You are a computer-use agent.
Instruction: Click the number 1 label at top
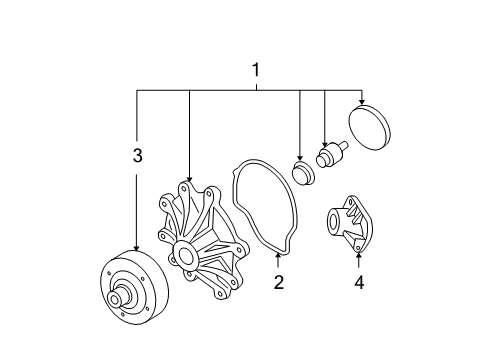[256, 71]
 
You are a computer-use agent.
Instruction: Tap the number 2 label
[278, 282]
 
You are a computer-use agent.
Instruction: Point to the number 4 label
[359, 283]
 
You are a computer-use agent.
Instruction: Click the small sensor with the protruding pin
[328, 157]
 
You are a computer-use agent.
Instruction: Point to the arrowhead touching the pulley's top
[138, 249]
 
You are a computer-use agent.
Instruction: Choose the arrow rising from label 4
[359, 262]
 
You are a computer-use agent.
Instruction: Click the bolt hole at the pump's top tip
[186, 187]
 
